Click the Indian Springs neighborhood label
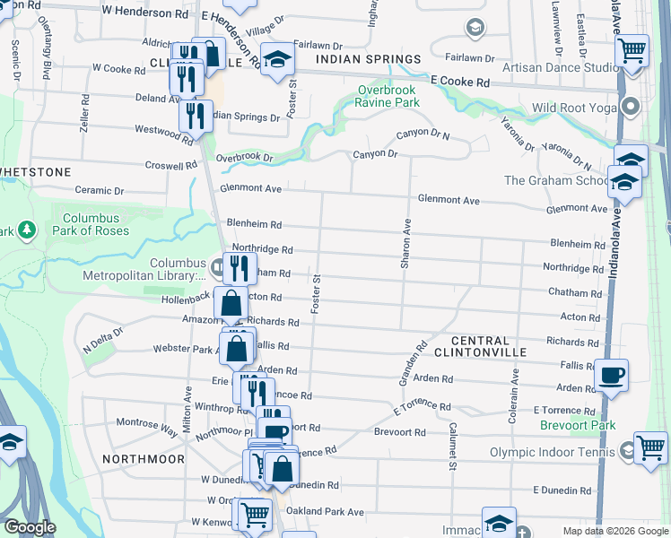coord(362,60)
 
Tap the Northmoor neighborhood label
coord(144,458)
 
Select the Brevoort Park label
coord(577,425)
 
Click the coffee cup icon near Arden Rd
coord(611,375)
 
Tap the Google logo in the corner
coord(29,527)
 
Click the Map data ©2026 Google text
coord(614,531)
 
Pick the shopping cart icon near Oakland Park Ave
coord(255,514)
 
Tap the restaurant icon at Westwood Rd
coord(195,116)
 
